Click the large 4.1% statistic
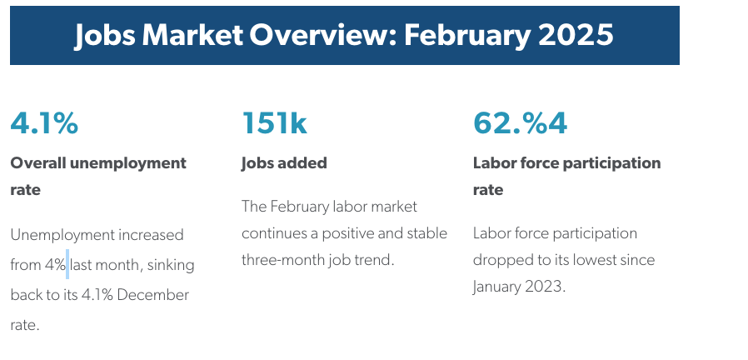[44, 122]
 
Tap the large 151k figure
[274, 122]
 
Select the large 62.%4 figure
[520, 122]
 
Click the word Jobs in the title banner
[105, 35]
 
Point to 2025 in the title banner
[576, 35]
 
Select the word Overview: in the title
[323, 35]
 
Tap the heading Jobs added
[284, 163]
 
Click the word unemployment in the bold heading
[127, 164]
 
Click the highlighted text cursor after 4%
[67, 264]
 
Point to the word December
[152, 295]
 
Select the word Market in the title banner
[192, 35]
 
